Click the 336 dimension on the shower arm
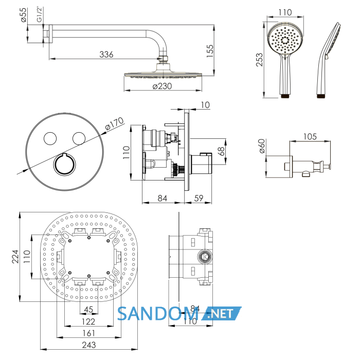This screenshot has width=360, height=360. [106, 55]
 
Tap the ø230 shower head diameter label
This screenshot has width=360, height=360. [162, 86]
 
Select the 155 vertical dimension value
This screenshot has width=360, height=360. [210, 51]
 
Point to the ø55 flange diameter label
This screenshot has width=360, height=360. [24, 15]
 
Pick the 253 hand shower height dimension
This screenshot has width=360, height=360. [259, 60]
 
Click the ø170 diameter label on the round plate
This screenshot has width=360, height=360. [114, 124]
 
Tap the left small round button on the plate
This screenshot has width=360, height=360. [50, 139]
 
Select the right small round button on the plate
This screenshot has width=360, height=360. [79, 139]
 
